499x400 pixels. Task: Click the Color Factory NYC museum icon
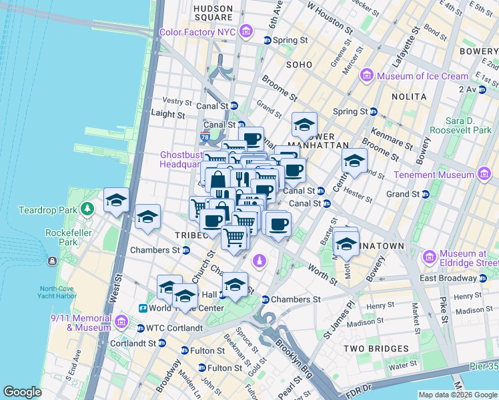tap(247, 31)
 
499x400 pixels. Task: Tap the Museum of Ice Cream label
tap(423, 76)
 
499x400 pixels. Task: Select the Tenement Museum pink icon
tap(484, 175)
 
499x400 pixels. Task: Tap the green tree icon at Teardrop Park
tap(86, 209)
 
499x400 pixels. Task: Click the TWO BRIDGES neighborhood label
tap(376, 349)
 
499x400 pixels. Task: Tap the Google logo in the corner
tap(23, 392)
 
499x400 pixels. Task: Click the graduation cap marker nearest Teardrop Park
tap(116, 200)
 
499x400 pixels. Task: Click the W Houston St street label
tap(329, 17)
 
